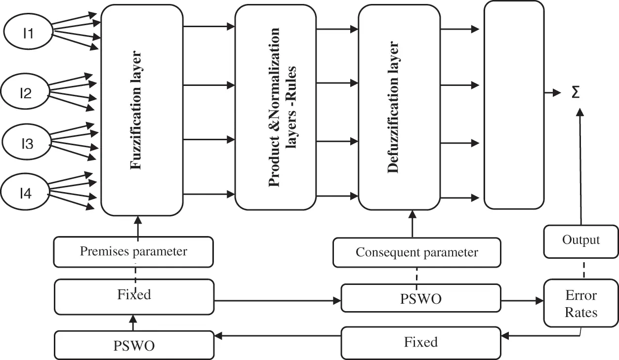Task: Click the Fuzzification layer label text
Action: coord(136,110)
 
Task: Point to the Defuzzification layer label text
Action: coord(393,107)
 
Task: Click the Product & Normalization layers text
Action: coord(282,107)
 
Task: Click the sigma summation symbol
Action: coord(576,92)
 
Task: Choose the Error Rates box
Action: coord(581,303)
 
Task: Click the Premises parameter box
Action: coord(133,252)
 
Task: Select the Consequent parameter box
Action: coord(417,252)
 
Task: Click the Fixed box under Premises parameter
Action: coord(134,297)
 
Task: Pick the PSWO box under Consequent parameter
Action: coord(421,298)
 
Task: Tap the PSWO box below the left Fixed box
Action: coord(134,345)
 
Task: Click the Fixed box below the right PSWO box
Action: coord(421,343)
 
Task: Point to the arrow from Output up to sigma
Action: coord(580,166)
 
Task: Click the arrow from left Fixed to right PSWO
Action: coord(278,301)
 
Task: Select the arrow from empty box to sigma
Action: coord(553,93)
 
